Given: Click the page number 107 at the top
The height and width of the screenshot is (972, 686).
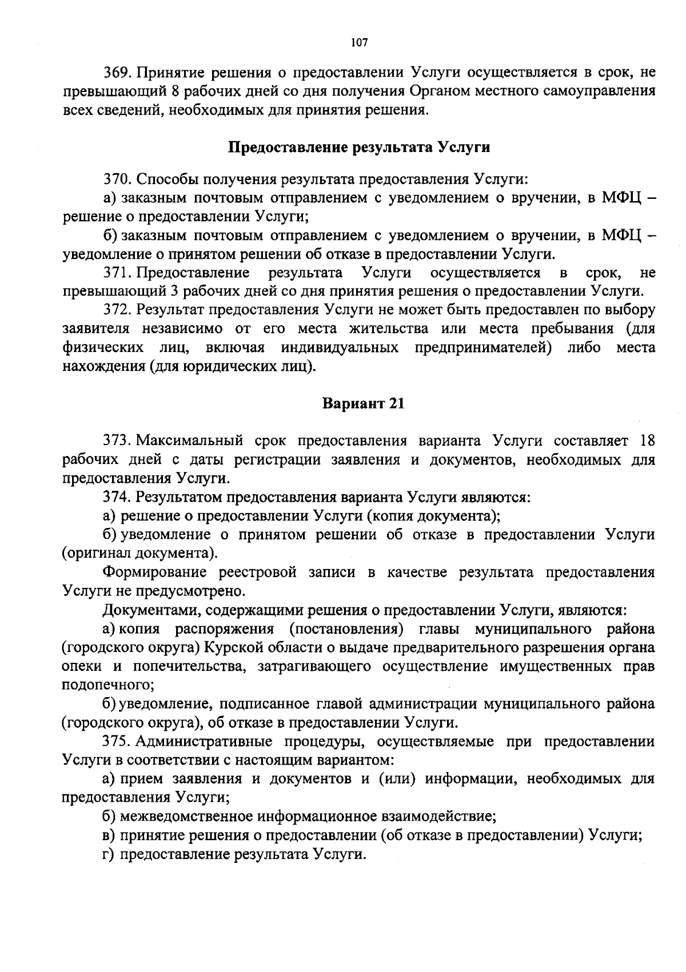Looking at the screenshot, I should (360, 42).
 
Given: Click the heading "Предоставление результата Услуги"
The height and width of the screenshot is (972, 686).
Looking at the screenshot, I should (359, 147).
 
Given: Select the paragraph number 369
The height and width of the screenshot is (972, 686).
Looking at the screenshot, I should (117, 73).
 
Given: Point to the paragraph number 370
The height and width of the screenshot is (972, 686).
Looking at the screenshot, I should (117, 179).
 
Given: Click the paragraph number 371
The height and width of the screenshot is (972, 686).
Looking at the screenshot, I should (117, 272).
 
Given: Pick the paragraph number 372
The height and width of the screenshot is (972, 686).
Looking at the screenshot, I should (117, 310).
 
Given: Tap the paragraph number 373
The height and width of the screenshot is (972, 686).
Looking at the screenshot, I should (117, 441).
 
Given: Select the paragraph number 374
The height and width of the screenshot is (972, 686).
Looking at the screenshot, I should (117, 497).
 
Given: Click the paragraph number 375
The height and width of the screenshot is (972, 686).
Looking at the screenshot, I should (117, 741).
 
